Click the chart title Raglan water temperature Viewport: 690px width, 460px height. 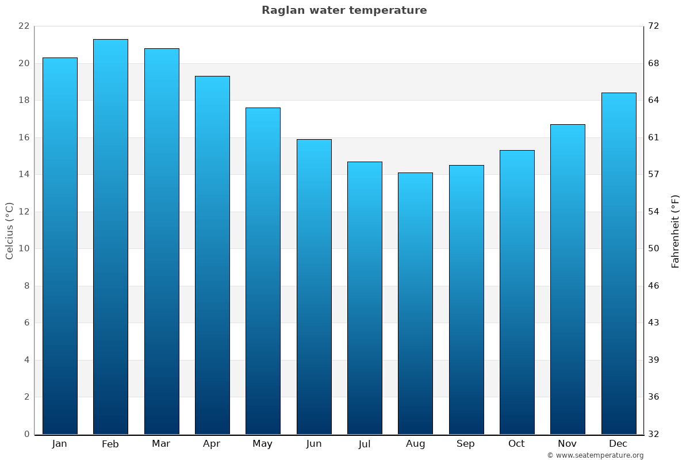coord(344,10)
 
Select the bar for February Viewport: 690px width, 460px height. coord(110,236)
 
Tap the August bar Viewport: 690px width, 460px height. coord(415,303)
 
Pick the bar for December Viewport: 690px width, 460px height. coord(619,263)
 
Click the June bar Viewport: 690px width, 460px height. coord(314,286)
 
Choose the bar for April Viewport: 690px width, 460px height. coord(212,255)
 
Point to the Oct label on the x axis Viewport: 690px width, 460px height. coord(516,444)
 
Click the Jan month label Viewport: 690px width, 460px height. coord(59,444)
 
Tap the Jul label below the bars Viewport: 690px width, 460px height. coord(364,444)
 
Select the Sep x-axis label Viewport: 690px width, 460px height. coord(466,444)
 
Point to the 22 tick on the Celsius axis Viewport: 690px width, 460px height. coord(24,26)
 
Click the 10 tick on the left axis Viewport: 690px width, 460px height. coord(24,248)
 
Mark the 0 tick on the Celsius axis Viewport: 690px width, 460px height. coord(26,434)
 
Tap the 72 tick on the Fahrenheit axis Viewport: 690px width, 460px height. coord(654,26)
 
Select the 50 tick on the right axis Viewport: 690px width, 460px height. coord(654,248)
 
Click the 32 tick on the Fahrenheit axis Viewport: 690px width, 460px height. coord(654,434)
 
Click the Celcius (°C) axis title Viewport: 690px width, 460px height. coord(9,231)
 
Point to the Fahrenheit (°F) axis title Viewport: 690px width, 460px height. coord(676,231)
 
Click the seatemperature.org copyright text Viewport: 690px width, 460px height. coord(595,455)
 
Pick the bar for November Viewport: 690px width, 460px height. coord(568,279)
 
